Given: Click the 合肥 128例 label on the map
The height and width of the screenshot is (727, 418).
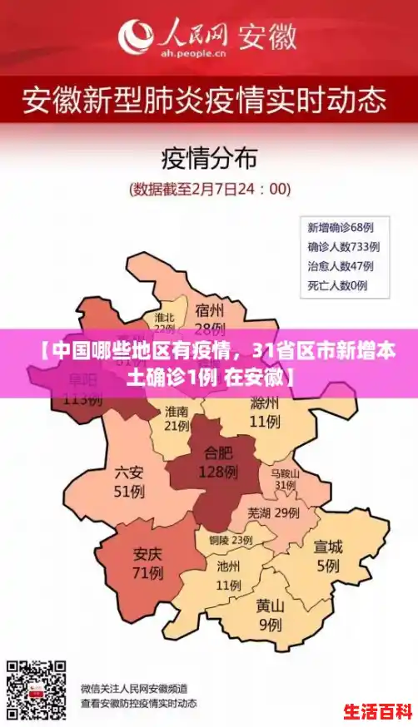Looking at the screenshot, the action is point(218,462).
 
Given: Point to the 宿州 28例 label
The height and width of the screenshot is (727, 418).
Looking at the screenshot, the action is point(210,319).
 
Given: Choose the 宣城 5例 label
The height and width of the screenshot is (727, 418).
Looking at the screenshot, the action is point(327,556).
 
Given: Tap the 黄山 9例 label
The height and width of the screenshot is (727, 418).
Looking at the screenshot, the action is point(269,615).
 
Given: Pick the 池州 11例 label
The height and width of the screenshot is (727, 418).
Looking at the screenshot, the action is point(228,575).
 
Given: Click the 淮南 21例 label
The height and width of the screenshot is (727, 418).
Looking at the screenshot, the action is point(177,418).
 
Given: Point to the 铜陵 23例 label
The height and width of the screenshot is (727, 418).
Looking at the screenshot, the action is point(230,540).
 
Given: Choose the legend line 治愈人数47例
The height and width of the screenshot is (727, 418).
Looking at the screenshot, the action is point(340,266).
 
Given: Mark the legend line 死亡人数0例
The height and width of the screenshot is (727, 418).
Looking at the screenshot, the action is point(337,286).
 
